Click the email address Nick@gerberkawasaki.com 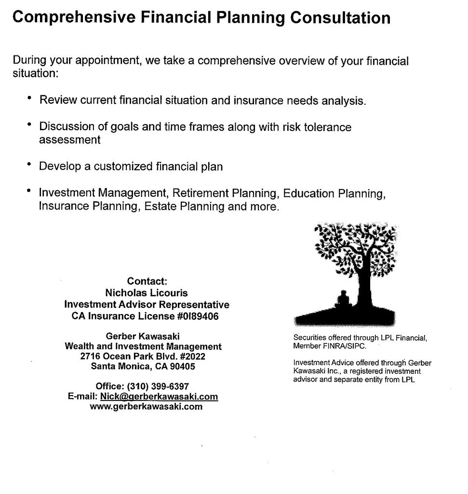[159, 397]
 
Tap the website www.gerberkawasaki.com [146, 407]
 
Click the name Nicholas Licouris [147, 293]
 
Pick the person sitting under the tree [343, 299]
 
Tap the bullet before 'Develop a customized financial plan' [29, 165]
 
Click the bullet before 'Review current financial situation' [29, 99]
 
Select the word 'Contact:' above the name [147, 281]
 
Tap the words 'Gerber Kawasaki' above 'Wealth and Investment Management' [143, 336]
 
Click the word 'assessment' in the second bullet [70, 140]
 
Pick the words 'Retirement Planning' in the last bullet [225, 193]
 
